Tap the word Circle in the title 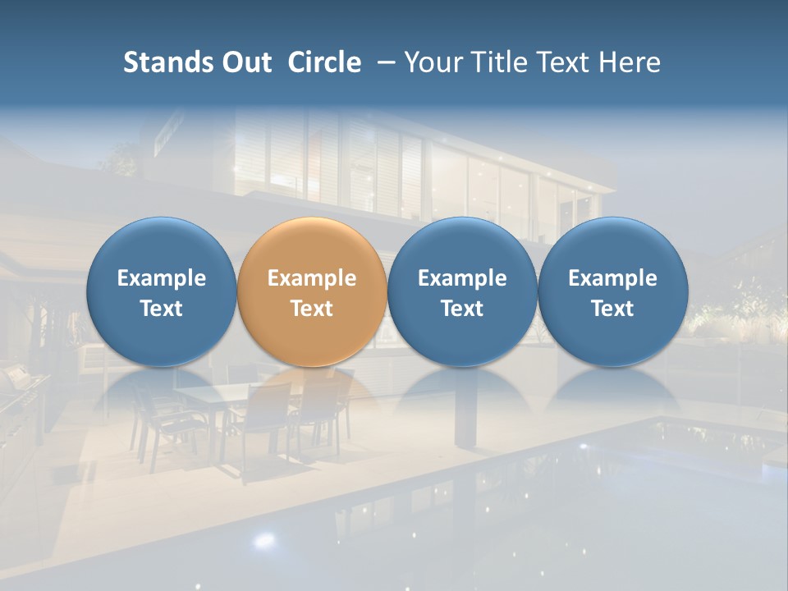click(324, 62)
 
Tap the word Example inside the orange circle click(312, 278)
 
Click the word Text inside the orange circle click(312, 309)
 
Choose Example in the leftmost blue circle click(162, 278)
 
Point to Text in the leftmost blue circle click(162, 309)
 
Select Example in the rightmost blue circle click(612, 278)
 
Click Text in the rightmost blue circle click(612, 309)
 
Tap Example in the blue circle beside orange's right click(462, 278)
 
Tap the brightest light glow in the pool click(263, 539)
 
